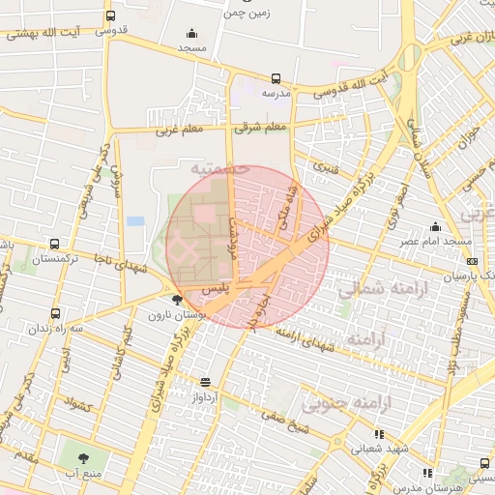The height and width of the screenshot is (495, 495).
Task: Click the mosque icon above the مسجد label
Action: (x=190, y=32)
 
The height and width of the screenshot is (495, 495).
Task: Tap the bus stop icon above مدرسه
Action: (x=277, y=78)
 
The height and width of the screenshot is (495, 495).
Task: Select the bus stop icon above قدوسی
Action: (x=110, y=16)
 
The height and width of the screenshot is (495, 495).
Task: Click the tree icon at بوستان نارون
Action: (x=175, y=301)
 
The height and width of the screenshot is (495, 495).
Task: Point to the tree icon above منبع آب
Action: (x=79, y=457)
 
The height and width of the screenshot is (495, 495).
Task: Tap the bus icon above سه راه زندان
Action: (x=55, y=313)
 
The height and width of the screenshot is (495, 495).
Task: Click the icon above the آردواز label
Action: (x=204, y=382)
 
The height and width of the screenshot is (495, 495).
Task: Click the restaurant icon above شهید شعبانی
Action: (x=378, y=434)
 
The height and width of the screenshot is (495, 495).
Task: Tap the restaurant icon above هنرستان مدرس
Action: (x=427, y=473)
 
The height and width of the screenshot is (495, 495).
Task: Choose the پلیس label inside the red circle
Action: (x=215, y=289)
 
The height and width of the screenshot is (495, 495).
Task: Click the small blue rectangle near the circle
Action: (x=135, y=221)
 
